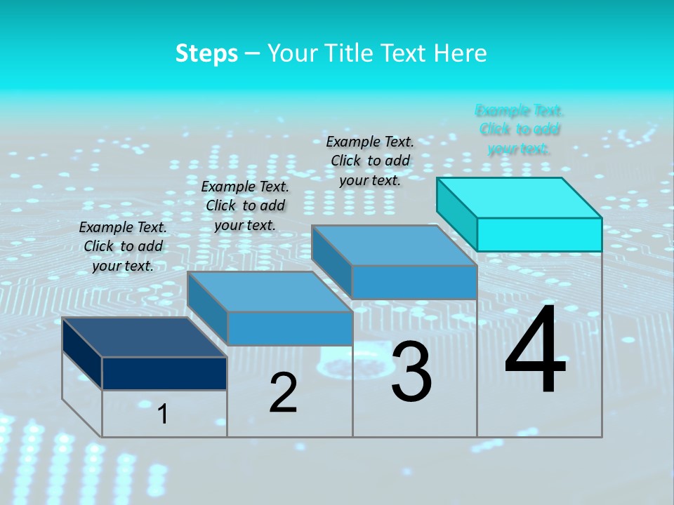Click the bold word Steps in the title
[206, 53]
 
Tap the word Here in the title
[461, 53]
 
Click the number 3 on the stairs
[411, 372]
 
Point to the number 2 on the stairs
[283, 393]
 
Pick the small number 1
[163, 415]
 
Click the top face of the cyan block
[520, 198]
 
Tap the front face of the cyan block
[539, 234]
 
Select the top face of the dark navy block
[145, 337]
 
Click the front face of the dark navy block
[164, 373]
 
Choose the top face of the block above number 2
[270, 292]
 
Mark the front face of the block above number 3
[414, 283]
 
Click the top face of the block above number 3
[395, 245]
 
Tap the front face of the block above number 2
[290, 328]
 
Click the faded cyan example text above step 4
[520, 129]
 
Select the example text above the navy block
[123, 246]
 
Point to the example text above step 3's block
[370, 161]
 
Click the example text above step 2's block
[245, 206]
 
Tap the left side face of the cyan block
[457, 210]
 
